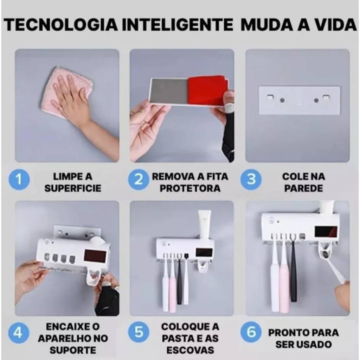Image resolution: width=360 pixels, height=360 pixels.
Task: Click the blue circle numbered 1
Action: (x=19, y=180)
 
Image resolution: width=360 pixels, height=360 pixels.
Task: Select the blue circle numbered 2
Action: (x=139, y=180)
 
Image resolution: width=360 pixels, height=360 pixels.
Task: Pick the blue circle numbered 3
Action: (x=251, y=180)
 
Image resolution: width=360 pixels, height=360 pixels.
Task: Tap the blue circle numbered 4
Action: (x=19, y=332)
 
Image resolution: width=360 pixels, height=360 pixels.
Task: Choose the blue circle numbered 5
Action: (x=139, y=332)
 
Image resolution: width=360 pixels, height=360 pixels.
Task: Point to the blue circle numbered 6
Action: (x=251, y=332)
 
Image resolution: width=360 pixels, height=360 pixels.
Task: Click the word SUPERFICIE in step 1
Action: (x=73, y=188)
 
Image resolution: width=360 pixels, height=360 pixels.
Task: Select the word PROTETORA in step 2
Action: (x=190, y=188)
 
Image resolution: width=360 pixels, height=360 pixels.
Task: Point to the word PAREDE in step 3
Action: (x=303, y=188)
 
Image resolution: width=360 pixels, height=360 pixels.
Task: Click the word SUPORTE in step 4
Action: (x=73, y=351)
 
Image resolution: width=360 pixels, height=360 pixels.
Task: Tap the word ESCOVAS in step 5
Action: (x=190, y=351)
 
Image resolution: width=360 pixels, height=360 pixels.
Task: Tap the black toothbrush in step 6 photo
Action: (x=293, y=270)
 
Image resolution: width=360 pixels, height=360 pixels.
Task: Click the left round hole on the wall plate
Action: (x=282, y=100)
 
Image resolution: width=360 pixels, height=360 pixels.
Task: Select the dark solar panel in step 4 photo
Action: (x=95, y=256)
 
